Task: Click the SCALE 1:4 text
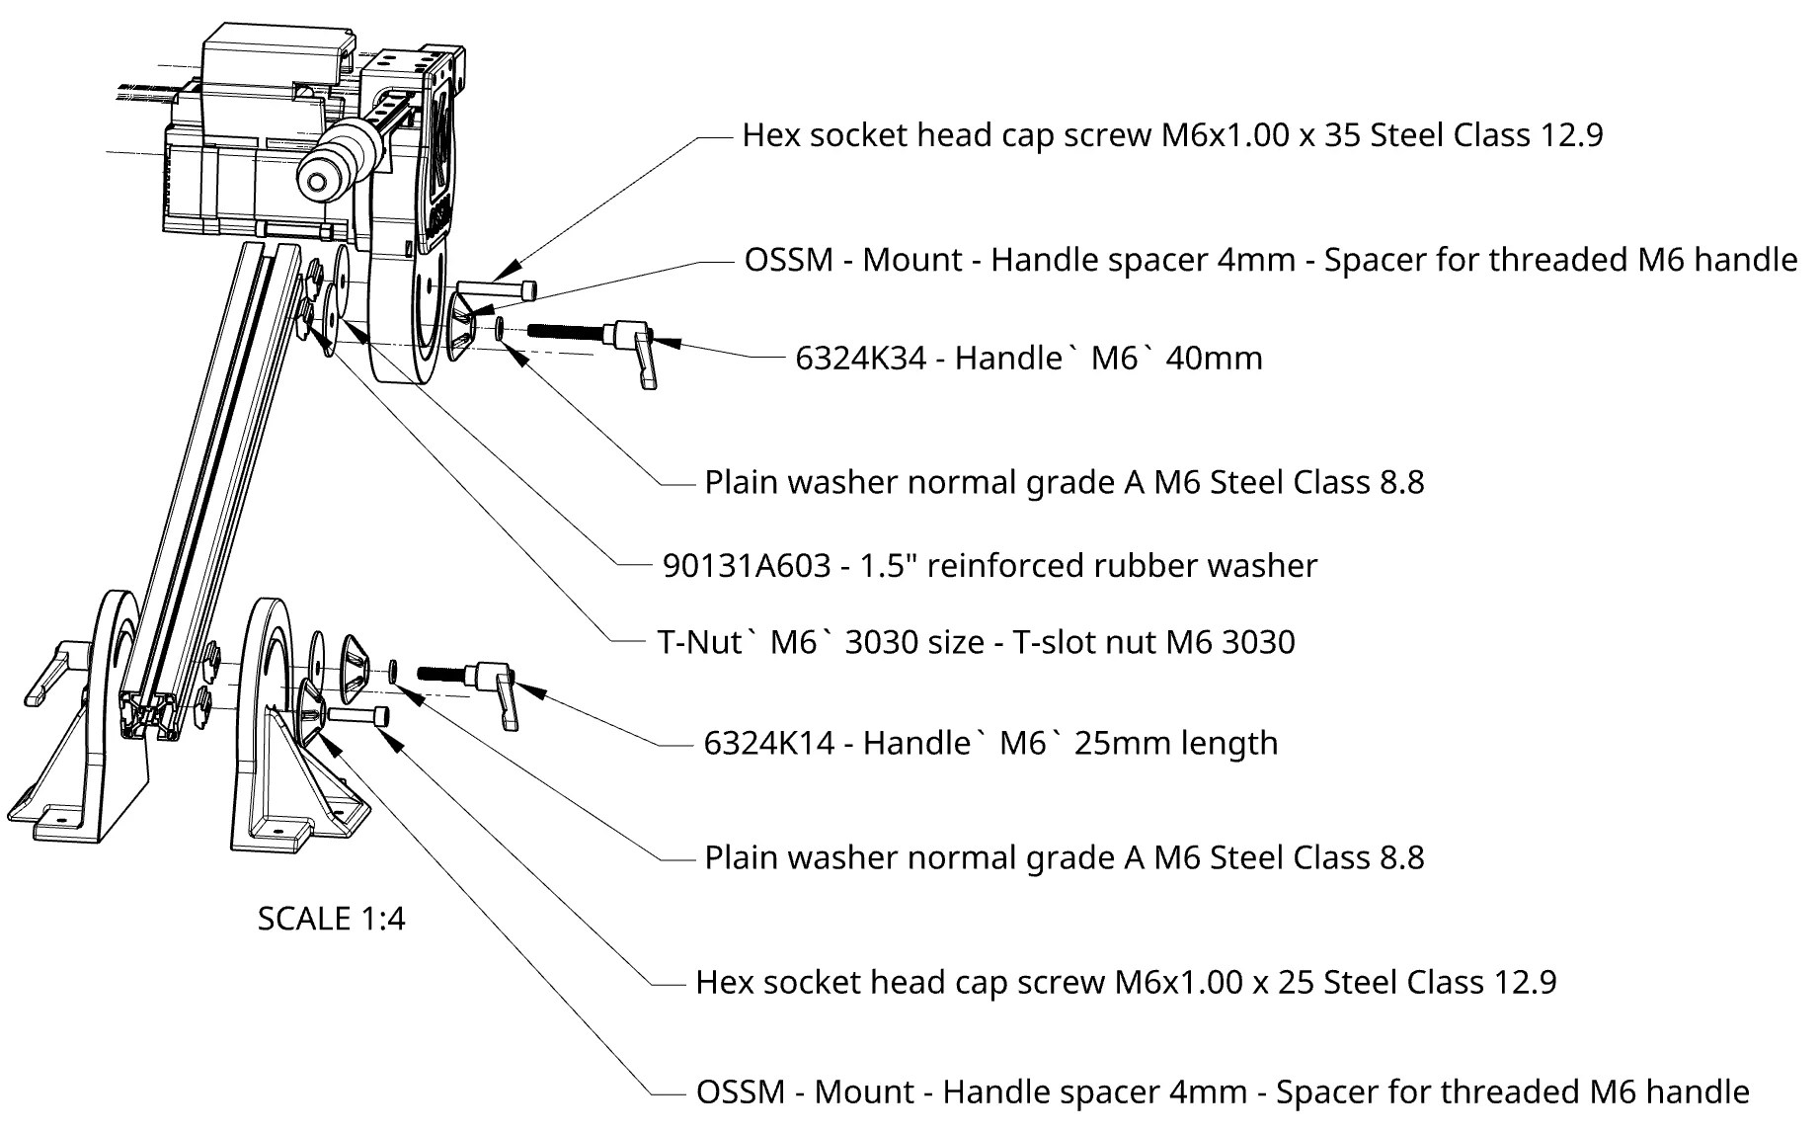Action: pos(331,919)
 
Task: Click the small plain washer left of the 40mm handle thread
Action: pos(501,328)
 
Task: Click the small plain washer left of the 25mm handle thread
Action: pos(394,672)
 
